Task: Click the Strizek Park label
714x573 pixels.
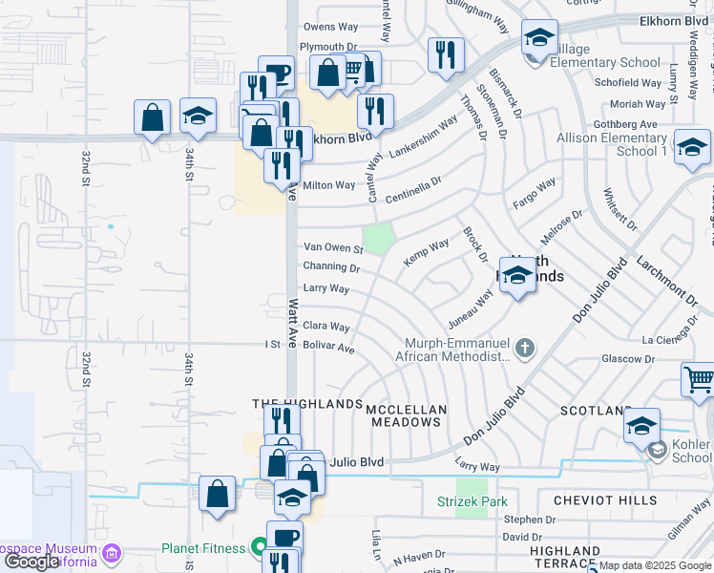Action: (472, 502)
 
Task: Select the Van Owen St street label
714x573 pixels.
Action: (333, 248)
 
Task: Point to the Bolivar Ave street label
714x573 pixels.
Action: (328, 350)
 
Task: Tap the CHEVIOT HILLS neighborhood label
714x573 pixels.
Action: (594, 500)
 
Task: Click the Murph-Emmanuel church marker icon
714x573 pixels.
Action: (523, 344)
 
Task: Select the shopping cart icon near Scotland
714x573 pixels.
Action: (699, 378)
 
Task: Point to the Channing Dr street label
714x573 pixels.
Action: (329, 266)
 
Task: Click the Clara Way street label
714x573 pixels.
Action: (325, 327)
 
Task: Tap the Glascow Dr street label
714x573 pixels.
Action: (627, 359)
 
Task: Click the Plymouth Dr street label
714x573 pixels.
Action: (327, 46)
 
